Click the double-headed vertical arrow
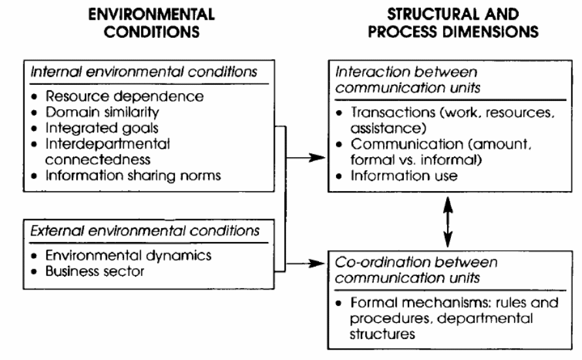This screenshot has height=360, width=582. tap(447, 222)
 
